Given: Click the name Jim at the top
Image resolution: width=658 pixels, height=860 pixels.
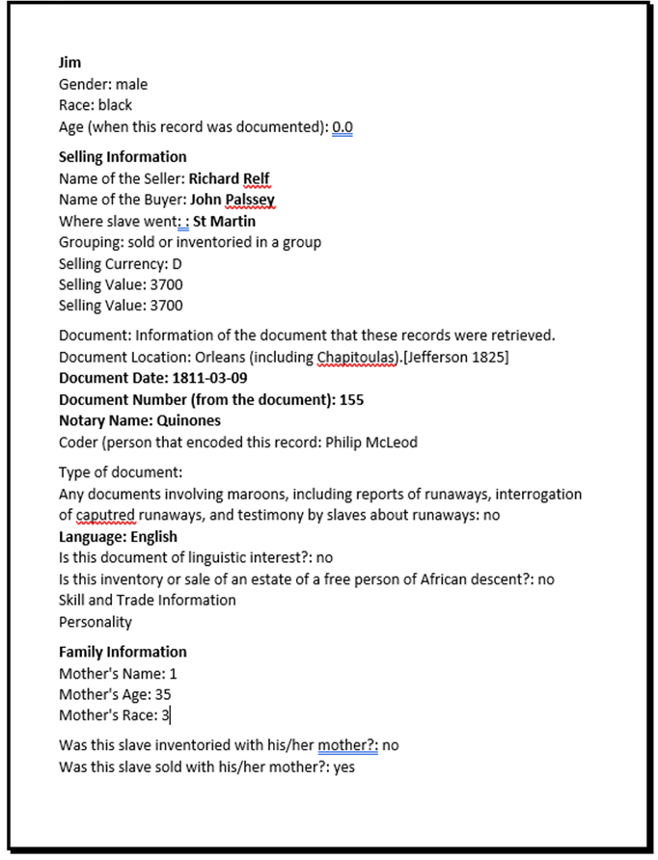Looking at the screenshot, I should [69, 63].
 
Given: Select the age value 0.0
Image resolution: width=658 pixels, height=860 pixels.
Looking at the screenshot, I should [343, 126].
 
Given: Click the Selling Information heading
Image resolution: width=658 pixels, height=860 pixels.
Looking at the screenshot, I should [123, 156].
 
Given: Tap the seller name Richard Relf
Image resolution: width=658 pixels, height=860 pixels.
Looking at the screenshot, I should [230, 178].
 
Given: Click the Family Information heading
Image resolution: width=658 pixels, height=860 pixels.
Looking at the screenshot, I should [123, 652].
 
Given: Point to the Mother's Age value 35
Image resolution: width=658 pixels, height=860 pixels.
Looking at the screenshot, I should [163, 694].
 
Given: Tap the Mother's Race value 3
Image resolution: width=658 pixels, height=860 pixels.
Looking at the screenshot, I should [165, 715].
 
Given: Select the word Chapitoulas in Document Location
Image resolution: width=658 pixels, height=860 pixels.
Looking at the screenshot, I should [357, 357].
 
